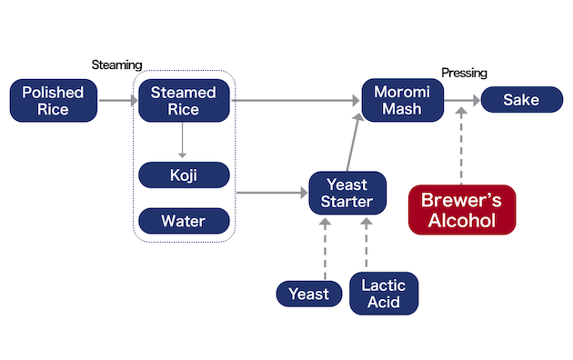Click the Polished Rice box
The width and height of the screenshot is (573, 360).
53,100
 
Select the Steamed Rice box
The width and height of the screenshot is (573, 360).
183,100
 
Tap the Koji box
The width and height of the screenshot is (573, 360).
183,175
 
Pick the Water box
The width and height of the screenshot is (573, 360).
183,220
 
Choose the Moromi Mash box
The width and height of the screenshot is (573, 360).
403,100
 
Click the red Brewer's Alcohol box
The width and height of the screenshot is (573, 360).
461,210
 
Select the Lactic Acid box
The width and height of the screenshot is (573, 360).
383,293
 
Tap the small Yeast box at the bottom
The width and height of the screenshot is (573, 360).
308,293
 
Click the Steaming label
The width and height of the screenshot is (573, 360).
117,65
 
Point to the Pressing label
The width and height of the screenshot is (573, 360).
464,73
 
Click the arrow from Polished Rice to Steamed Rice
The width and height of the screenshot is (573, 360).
116,100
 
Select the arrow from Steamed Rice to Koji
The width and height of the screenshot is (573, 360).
183,140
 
